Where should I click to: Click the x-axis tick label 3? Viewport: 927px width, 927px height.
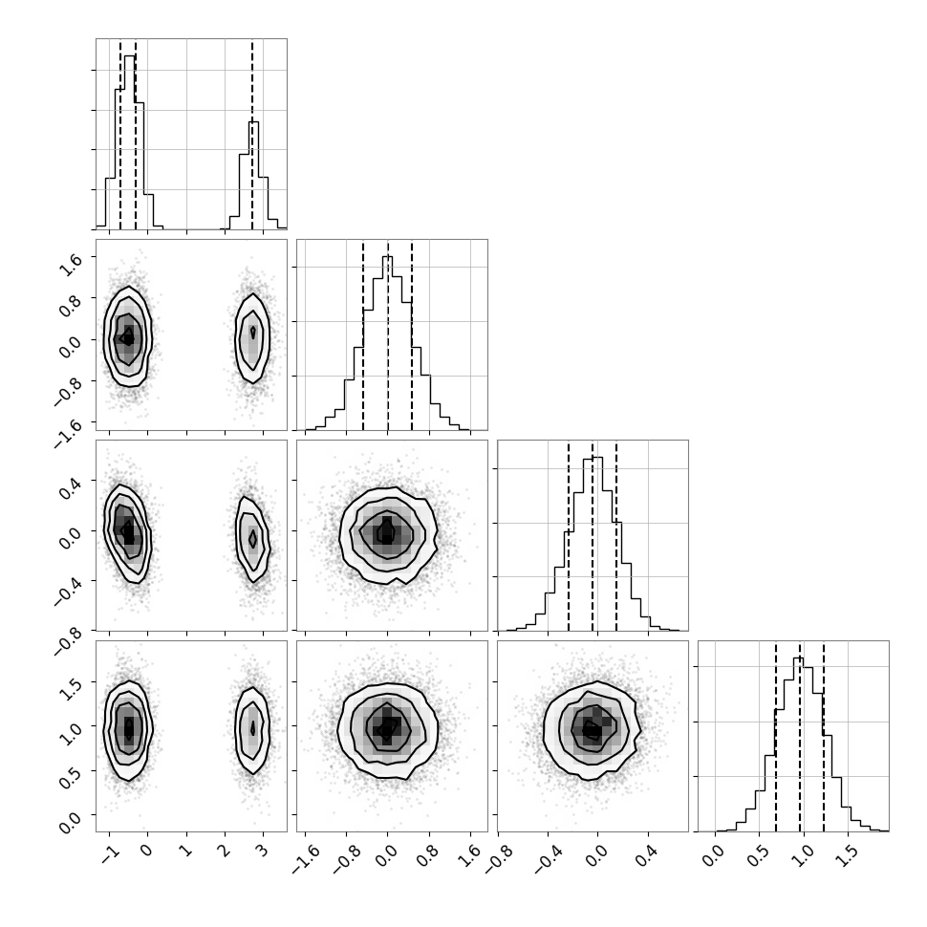(262, 852)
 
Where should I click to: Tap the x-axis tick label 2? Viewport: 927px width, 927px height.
(224, 852)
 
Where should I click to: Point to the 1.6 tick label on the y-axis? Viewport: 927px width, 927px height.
(69, 266)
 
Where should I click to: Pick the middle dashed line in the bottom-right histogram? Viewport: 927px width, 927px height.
(800, 737)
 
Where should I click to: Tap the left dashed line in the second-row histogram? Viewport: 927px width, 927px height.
(363, 335)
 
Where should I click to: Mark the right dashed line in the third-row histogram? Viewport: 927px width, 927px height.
(616, 536)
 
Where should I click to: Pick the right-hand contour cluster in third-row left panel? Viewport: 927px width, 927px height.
(252, 539)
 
